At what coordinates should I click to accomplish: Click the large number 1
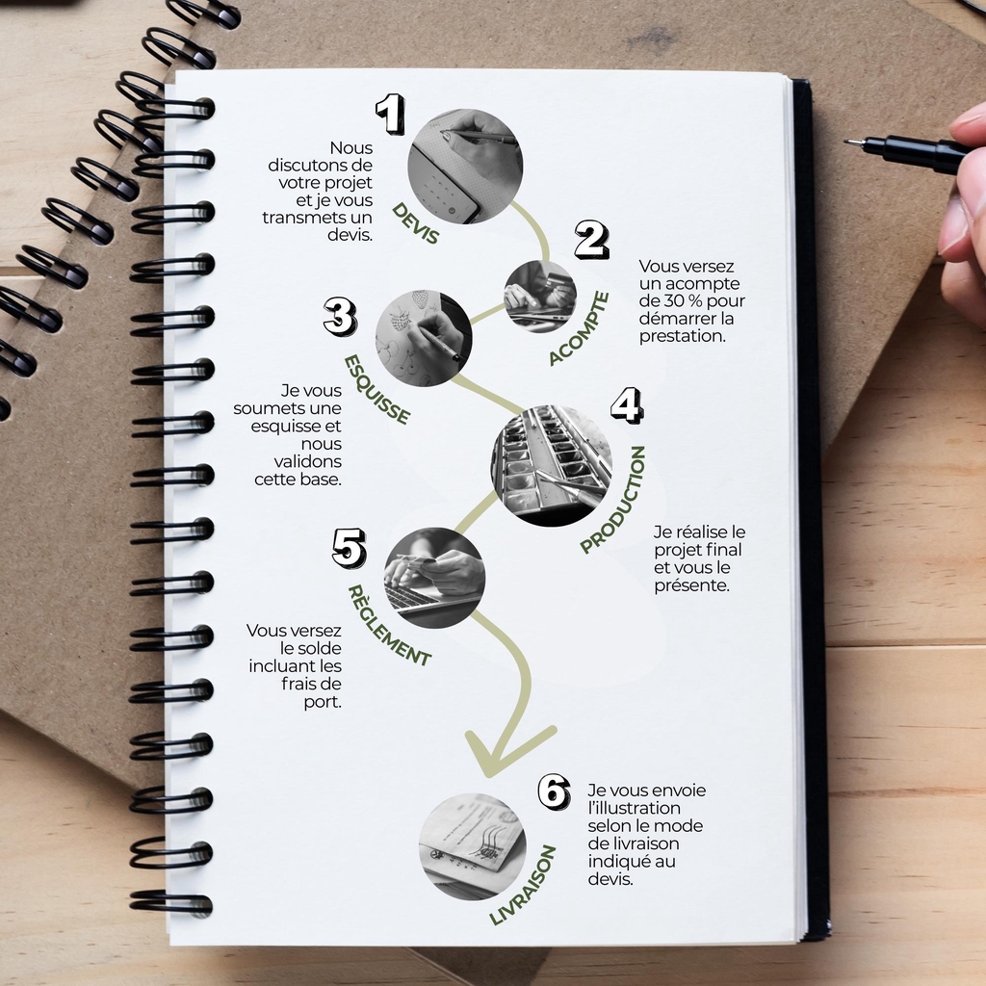[x=391, y=114]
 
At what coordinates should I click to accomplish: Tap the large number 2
[x=591, y=240]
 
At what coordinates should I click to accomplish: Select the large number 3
[x=340, y=316]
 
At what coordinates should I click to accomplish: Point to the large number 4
[x=627, y=405]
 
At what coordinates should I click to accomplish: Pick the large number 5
[x=350, y=548]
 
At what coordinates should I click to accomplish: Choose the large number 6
[x=554, y=791]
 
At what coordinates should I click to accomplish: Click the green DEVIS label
[x=415, y=223]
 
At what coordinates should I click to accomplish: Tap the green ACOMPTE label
[x=579, y=328]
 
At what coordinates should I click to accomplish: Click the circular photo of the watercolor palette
[x=552, y=466]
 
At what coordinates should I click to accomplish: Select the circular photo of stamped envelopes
[x=473, y=846]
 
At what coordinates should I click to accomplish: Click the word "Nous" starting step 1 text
[x=350, y=147]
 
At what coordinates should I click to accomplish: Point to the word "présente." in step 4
[x=691, y=585]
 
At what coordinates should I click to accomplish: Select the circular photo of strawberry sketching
[x=424, y=338]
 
